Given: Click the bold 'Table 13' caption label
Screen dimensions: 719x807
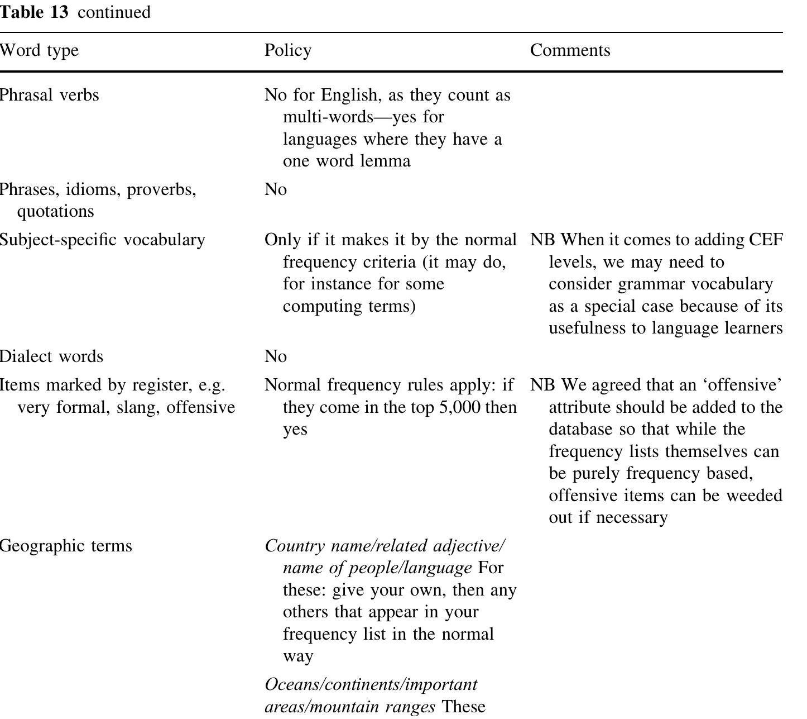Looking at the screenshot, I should [x=33, y=12].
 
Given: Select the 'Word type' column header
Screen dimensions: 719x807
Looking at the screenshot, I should [x=39, y=50].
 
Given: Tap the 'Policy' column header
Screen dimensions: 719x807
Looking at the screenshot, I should [x=287, y=50].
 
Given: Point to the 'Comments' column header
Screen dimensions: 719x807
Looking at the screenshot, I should [x=570, y=50].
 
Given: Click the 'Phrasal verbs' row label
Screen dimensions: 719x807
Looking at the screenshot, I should [x=49, y=95].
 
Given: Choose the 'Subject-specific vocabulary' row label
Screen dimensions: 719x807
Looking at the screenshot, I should [x=102, y=240].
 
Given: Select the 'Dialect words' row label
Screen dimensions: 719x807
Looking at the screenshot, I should [x=51, y=356].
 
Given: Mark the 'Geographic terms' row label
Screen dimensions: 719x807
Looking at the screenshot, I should [x=65, y=546].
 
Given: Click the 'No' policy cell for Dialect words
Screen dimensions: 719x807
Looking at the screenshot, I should [x=276, y=356].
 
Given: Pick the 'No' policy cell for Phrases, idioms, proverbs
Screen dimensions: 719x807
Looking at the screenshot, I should [x=276, y=189].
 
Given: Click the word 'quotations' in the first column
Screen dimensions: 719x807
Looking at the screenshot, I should [x=55, y=211].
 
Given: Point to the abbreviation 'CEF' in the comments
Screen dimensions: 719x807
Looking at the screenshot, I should [x=766, y=240].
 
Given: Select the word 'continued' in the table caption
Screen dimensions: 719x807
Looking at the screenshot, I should [x=114, y=12].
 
